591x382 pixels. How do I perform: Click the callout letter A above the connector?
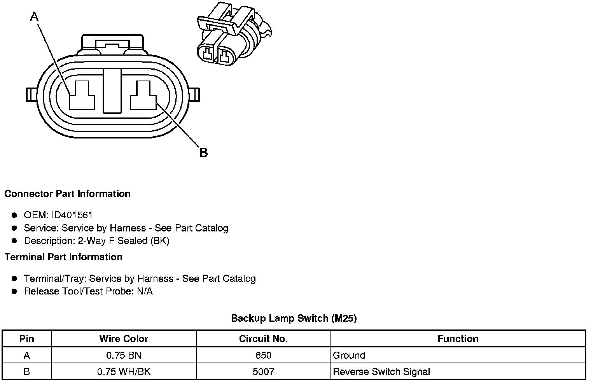(x=35, y=17)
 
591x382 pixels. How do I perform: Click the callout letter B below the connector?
(x=203, y=152)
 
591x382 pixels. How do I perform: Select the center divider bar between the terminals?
(x=112, y=91)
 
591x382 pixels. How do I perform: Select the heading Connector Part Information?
(x=67, y=194)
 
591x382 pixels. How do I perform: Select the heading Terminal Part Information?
(x=63, y=257)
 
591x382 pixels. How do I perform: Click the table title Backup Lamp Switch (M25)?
(x=294, y=318)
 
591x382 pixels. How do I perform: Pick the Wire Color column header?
(x=124, y=338)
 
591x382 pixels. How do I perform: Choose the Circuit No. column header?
(x=263, y=338)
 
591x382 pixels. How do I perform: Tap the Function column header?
(x=458, y=338)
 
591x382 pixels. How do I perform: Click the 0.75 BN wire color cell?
(x=124, y=355)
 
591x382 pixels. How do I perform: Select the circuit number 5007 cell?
(x=263, y=371)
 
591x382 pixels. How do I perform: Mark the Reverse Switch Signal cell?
(x=381, y=371)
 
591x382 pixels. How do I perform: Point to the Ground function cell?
(x=349, y=355)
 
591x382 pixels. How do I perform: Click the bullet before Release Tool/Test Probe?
(x=14, y=291)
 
